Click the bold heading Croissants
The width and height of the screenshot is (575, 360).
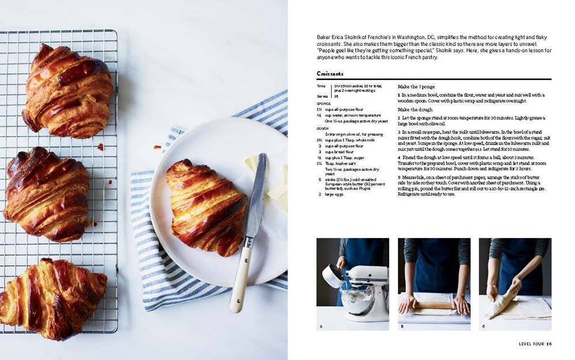(330, 74)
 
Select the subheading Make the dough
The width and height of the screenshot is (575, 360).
(415, 110)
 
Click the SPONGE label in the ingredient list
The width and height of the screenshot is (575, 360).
(324, 104)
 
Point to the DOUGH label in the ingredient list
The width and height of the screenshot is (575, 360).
(323, 128)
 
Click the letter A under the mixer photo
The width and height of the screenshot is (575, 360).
(320, 327)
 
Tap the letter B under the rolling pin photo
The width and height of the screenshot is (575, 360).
(401, 327)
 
